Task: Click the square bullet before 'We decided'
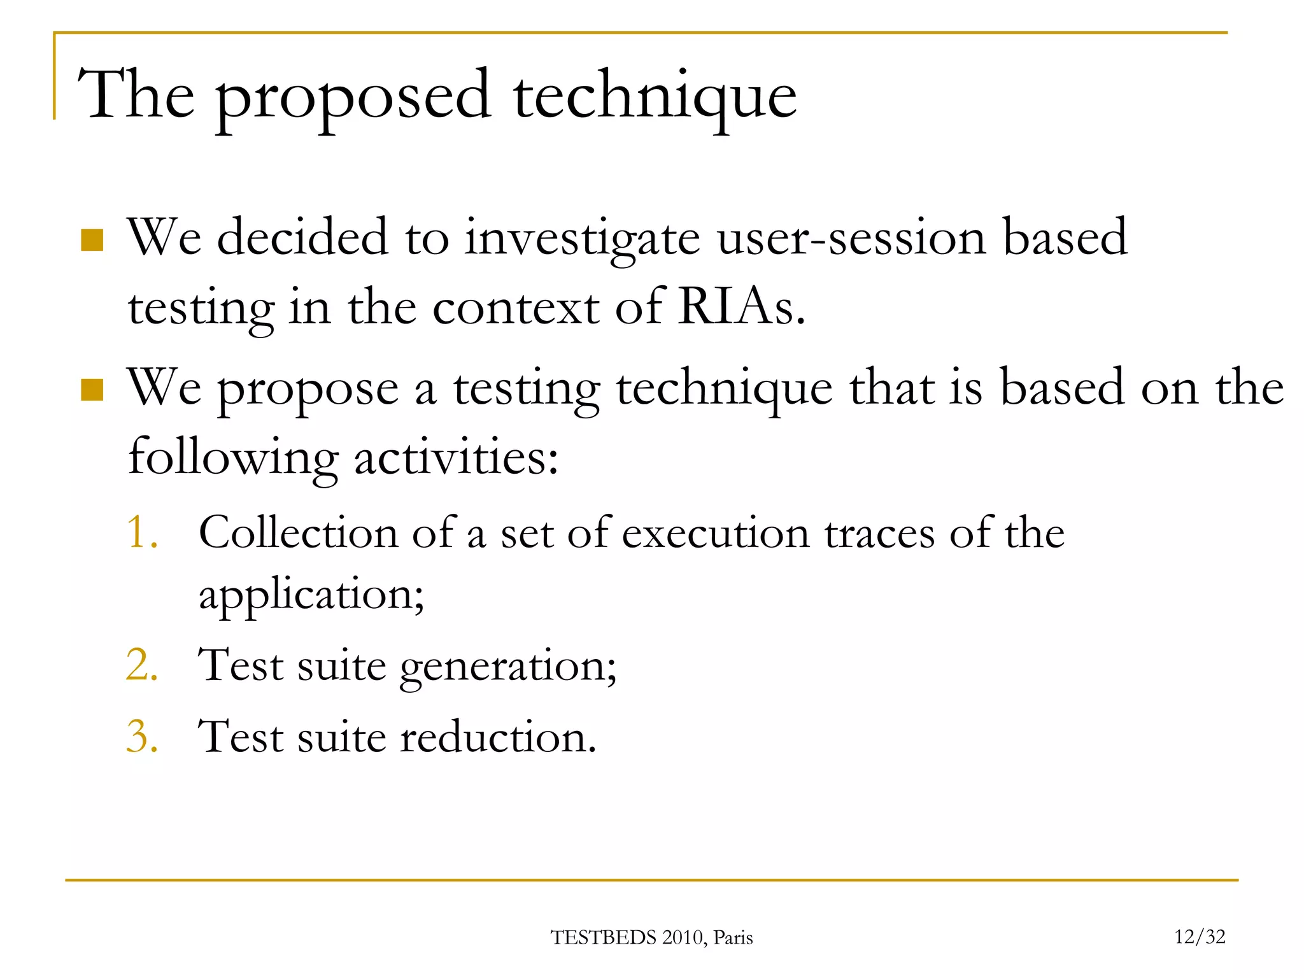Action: tap(92, 240)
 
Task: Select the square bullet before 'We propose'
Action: tap(92, 390)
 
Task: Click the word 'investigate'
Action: tap(582, 239)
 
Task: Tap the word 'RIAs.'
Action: tap(741, 308)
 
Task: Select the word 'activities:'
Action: tap(456, 458)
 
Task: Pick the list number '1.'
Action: tap(142, 532)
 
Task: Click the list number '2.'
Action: tap(142, 665)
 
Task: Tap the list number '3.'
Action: tap(142, 737)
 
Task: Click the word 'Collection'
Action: tap(298, 532)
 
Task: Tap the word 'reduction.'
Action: tap(498, 737)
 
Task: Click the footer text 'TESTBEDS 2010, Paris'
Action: tap(651, 938)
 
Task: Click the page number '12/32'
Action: tap(1200, 937)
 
